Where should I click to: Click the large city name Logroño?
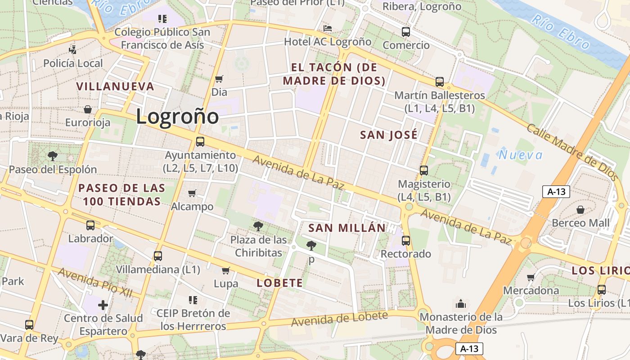[x=177, y=117]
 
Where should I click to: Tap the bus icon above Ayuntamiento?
[x=200, y=142]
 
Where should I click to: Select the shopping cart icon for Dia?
[x=219, y=79]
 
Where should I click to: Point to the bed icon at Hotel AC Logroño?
[x=328, y=28]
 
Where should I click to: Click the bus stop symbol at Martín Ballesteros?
[x=440, y=82]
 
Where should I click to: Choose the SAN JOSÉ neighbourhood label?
[x=389, y=135]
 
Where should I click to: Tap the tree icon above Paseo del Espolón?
[x=53, y=156]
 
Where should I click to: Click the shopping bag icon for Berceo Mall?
[x=580, y=210]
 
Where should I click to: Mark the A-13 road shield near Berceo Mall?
[x=556, y=192]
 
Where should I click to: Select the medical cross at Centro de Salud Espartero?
[x=103, y=305]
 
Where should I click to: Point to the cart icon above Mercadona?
[x=531, y=277]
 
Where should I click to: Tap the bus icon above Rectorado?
[x=406, y=241]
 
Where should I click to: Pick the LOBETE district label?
[x=279, y=283]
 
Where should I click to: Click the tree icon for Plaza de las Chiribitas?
[x=258, y=226]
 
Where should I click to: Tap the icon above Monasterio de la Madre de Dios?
[x=461, y=304]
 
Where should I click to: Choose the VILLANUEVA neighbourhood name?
[x=115, y=86]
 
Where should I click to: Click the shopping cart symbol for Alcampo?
[x=192, y=193]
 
